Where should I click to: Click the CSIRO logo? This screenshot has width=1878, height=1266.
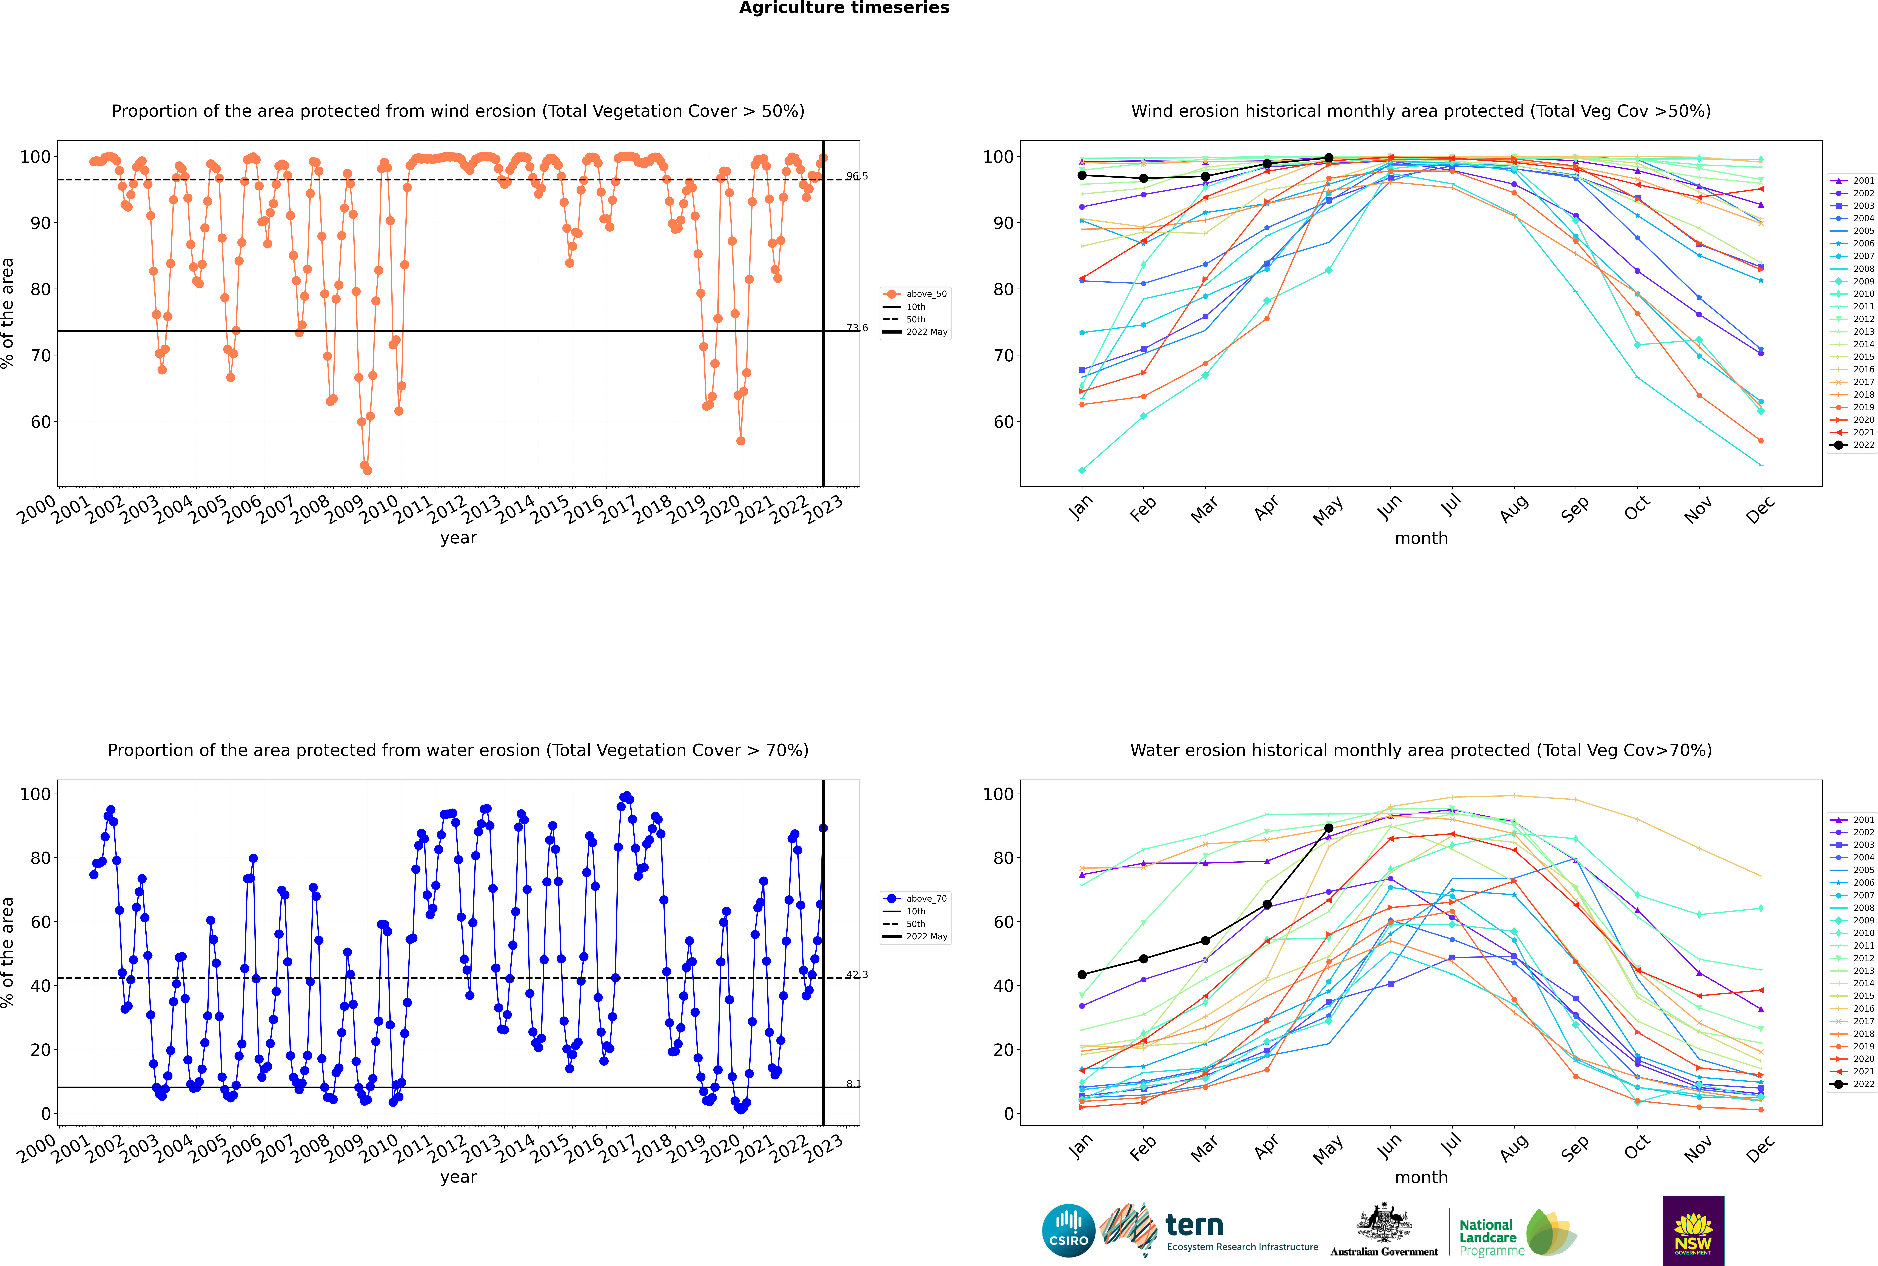click(x=1068, y=1231)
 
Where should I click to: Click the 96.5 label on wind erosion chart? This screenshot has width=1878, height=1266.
click(x=857, y=176)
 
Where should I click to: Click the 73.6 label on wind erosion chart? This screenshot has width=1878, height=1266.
click(x=857, y=328)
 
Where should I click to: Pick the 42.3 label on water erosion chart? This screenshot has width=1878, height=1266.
click(x=857, y=974)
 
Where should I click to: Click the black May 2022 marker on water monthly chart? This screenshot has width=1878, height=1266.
click(x=1328, y=828)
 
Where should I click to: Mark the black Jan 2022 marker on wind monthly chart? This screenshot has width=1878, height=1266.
click(x=1082, y=175)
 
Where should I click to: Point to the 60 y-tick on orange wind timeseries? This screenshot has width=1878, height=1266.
click(x=40, y=421)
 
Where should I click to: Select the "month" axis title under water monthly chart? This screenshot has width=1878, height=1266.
click(x=1421, y=1177)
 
